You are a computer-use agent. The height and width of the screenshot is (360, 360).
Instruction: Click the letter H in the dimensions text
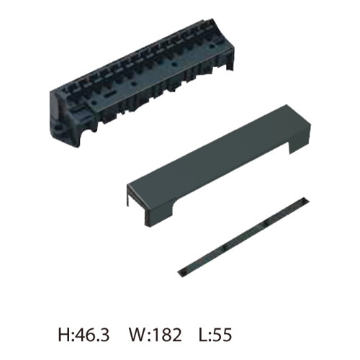point(63,335)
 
